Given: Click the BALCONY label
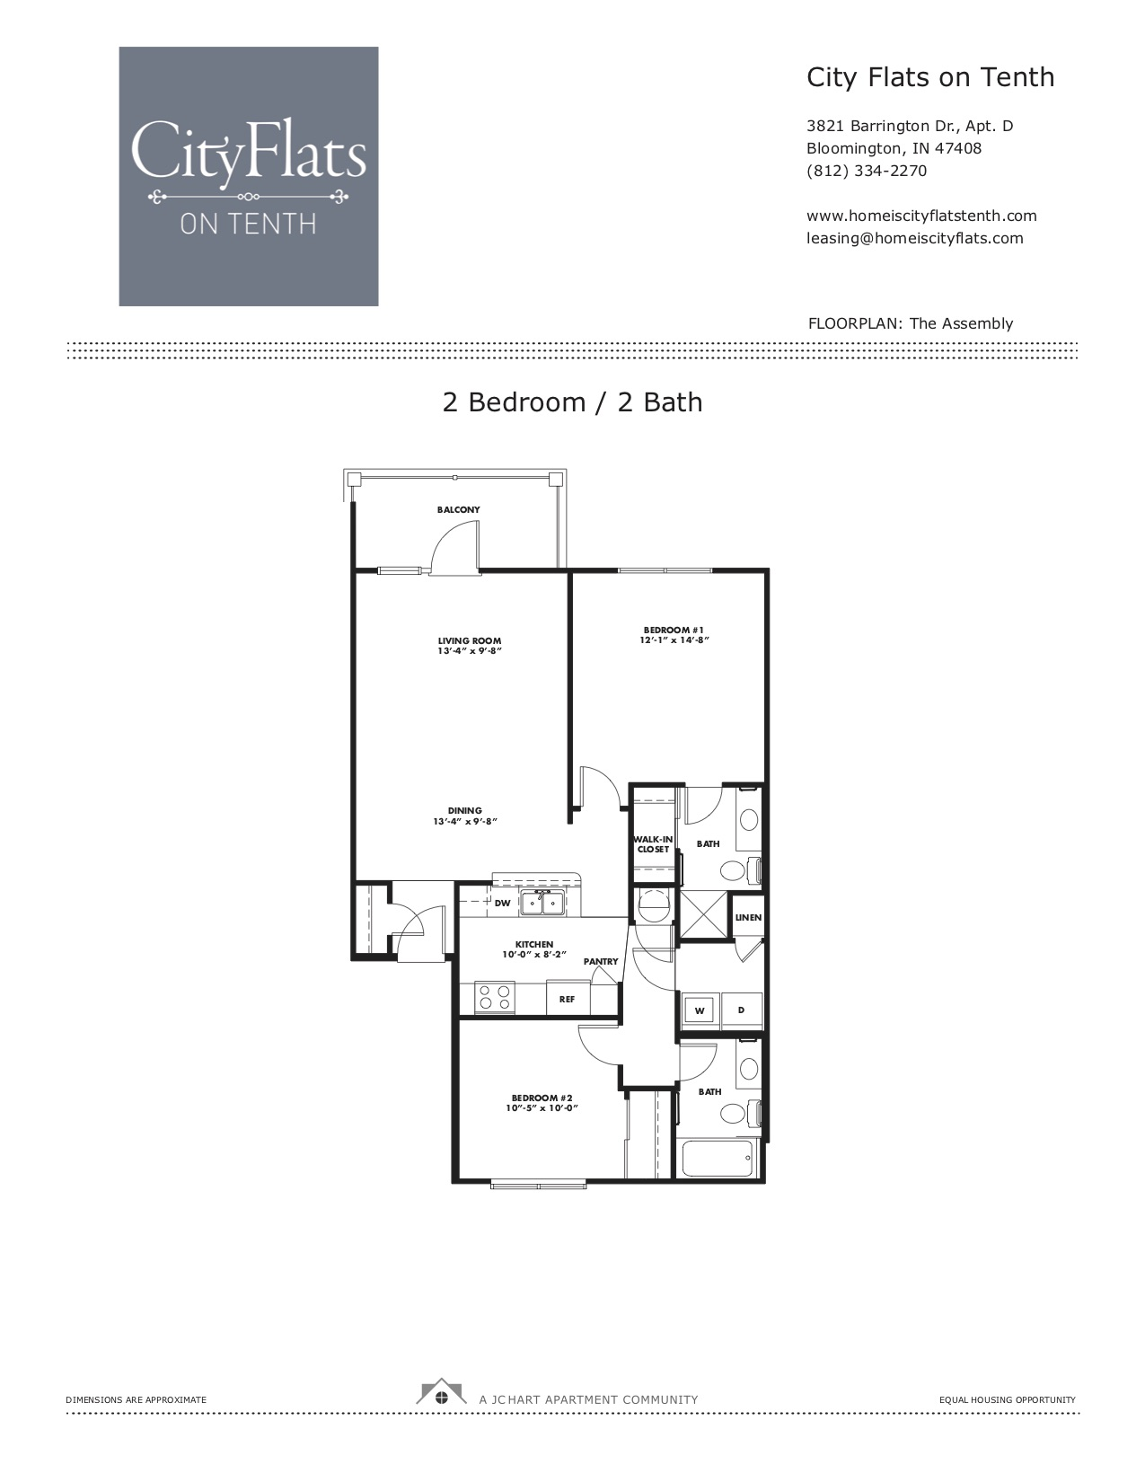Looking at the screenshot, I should tap(458, 509).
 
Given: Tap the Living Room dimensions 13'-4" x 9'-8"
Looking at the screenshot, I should tap(468, 650).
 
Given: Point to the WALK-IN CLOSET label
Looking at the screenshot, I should tap(653, 844).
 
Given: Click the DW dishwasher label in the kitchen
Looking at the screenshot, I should tap(502, 903).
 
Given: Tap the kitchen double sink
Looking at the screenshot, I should tap(542, 903).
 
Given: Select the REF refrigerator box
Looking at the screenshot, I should tap(567, 999).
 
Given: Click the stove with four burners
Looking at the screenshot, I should tap(494, 998).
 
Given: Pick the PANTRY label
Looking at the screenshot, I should tap(601, 961).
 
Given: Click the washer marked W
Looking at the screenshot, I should tap(699, 1010).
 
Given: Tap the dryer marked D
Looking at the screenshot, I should tap(741, 1010).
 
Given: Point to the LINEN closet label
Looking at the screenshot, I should tap(748, 918).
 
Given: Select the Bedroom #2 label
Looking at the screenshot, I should tap(542, 1098).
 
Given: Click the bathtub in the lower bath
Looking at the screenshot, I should tap(718, 1159).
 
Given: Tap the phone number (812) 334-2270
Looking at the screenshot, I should tap(866, 171).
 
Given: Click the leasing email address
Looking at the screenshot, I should tap(914, 238).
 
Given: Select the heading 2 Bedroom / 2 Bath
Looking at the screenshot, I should tap(572, 401).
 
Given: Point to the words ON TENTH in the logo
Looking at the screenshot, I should tap(248, 223).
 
